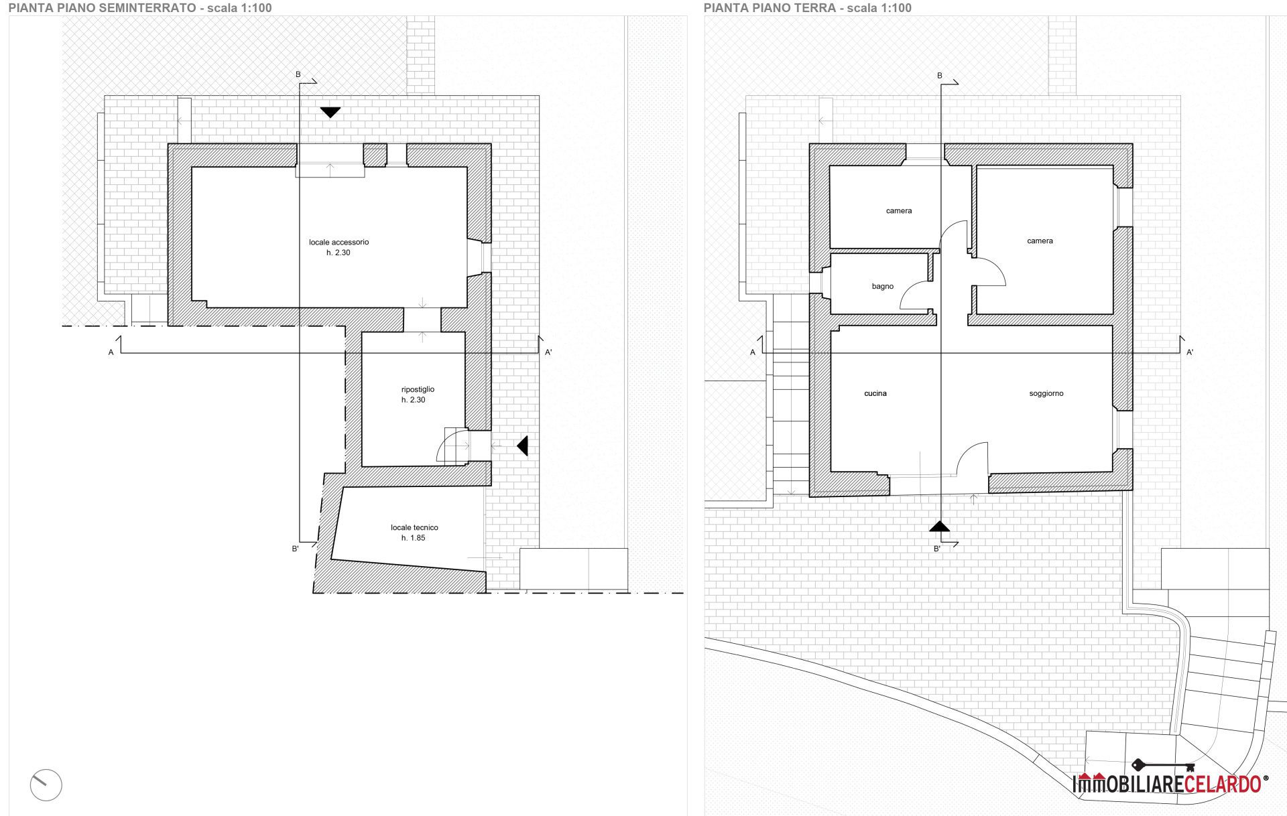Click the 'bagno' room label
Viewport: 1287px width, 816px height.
[x=882, y=286]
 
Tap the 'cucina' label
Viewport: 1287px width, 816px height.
[x=875, y=393]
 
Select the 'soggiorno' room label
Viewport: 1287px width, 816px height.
[x=1046, y=393]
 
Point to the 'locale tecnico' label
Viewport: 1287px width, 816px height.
[x=414, y=527]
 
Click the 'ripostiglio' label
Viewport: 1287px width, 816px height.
[x=418, y=389]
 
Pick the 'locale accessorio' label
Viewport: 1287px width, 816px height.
[x=339, y=242]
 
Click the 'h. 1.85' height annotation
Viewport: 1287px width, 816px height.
[x=413, y=538]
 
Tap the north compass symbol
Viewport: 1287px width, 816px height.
[x=46, y=785]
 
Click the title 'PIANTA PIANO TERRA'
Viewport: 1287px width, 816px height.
[x=770, y=8]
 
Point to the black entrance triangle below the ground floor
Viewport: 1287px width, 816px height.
[x=940, y=526]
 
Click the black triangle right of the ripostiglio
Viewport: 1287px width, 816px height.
[x=522, y=446]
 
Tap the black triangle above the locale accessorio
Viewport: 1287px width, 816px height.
[x=330, y=113]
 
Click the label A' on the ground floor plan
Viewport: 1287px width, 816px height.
[x=1190, y=352]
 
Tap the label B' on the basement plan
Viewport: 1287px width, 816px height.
[x=295, y=549]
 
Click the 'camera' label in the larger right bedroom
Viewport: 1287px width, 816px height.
[x=1040, y=241]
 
